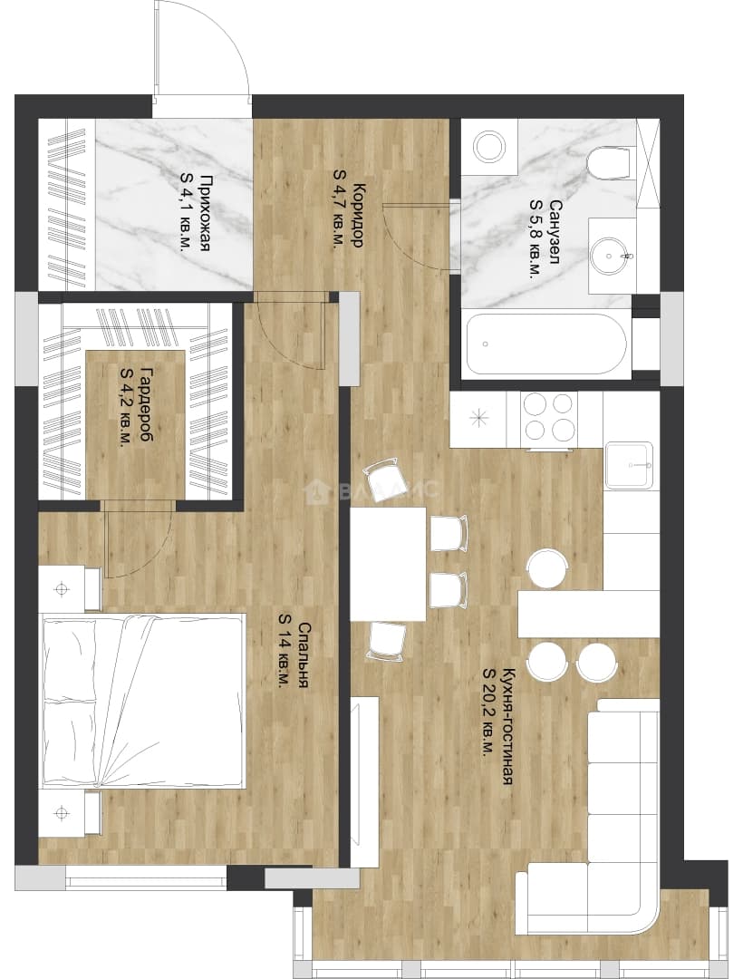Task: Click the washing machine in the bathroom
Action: click(490, 147)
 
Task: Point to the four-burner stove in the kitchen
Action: click(548, 420)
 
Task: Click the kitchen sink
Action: click(629, 465)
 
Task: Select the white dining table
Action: click(388, 564)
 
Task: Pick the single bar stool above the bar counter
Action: click(547, 567)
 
